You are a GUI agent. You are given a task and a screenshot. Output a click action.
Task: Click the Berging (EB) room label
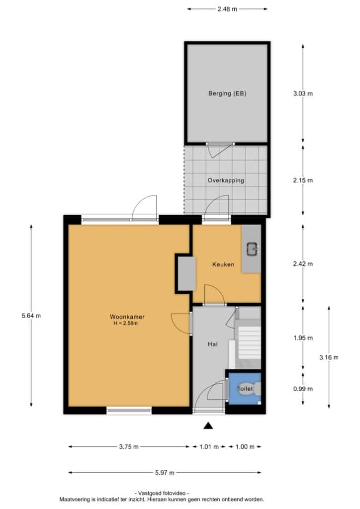click(227, 93)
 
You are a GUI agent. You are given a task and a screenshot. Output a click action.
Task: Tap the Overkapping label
click(226, 180)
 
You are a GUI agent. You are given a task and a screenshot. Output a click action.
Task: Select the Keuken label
click(223, 264)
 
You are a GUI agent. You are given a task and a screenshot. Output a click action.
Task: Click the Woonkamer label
click(127, 317)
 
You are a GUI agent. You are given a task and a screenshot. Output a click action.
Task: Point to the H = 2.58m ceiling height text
click(125, 323)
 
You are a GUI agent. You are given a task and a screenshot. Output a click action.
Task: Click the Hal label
click(213, 344)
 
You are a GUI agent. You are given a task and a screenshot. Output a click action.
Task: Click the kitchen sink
click(252, 250)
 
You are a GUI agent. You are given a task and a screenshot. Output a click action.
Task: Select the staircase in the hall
click(248, 344)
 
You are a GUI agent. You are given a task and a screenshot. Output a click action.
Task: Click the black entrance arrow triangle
click(208, 425)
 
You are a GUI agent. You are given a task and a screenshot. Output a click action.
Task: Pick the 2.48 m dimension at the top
click(227, 9)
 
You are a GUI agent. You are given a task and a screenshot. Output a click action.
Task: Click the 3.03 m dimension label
click(303, 93)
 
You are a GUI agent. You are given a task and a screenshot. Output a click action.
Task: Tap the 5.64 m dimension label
click(31, 316)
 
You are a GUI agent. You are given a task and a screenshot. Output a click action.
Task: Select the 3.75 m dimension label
click(129, 447)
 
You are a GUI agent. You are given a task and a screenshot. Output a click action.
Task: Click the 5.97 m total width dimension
click(165, 473)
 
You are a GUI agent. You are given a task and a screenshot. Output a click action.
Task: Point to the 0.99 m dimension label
click(303, 389)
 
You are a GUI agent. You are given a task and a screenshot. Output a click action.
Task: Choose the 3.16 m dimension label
click(329, 357)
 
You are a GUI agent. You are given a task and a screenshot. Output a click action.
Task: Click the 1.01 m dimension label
click(209, 447)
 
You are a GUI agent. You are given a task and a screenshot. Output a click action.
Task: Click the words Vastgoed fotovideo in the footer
click(162, 493)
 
